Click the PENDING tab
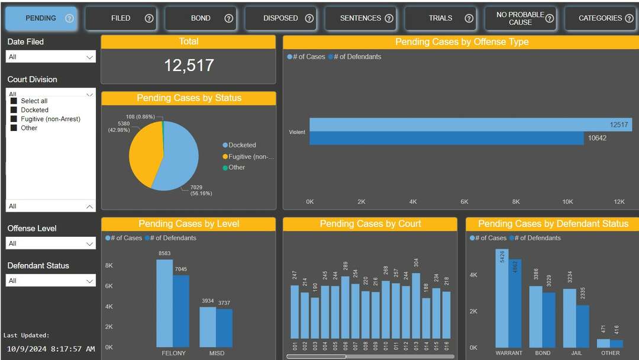[40, 18]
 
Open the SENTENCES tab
[360, 18]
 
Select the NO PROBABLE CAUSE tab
[519, 18]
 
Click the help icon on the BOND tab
[229, 18]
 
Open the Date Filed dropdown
[51, 57]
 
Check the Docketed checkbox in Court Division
[14, 110]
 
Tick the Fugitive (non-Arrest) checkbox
[14, 119]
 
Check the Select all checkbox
[14, 101]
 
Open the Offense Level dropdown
[51, 243]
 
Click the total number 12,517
[189, 65]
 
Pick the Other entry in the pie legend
[237, 168]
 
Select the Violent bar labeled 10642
[446, 139]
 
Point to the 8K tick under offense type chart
[516, 202]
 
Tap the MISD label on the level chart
[217, 353]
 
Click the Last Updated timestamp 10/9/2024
[49, 349]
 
